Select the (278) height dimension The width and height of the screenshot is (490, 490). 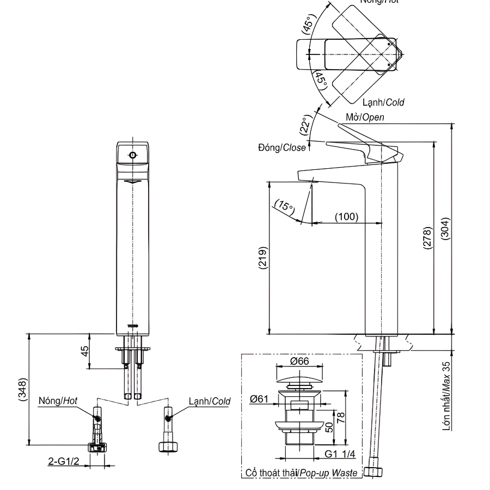[x=427, y=238]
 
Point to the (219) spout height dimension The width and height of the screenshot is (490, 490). [x=262, y=258]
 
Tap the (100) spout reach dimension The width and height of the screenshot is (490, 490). [x=346, y=217]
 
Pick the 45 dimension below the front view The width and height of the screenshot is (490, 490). [x=85, y=351]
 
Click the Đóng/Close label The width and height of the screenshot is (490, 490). [x=282, y=148]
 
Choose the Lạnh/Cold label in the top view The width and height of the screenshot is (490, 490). [x=383, y=102]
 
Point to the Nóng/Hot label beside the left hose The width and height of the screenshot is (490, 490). [x=58, y=401]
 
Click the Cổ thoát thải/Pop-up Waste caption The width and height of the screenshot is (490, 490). [x=301, y=473]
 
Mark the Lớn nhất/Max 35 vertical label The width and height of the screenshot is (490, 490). [x=446, y=396]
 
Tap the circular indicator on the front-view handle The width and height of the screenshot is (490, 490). [x=132, y=155]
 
